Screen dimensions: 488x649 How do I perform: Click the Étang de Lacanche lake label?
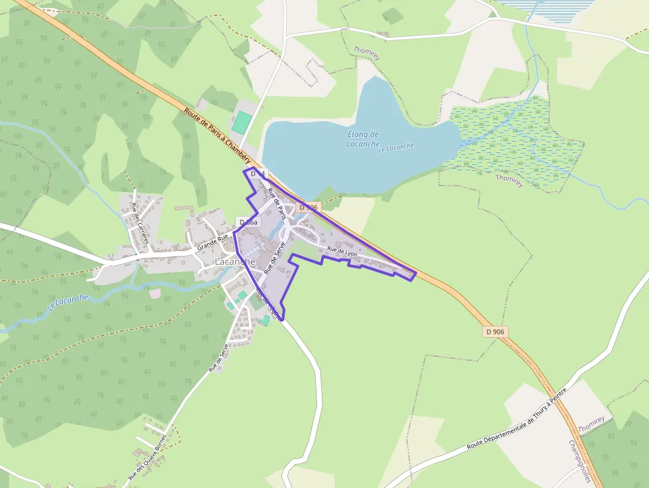(364, 139)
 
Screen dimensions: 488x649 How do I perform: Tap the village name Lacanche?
(234, 262)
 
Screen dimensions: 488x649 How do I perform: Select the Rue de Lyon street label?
(342, 252)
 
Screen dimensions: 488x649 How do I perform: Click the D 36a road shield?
(248, 222)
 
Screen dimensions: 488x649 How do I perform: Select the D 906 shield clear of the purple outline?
(495, 331)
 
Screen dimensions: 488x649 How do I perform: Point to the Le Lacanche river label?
(69, 303)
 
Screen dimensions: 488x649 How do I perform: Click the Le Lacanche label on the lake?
(396, 148)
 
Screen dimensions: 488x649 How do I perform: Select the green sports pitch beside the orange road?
(243, 122)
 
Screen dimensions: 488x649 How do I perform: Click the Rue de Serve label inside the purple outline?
(274, 258)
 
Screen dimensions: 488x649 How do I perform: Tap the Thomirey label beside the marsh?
(509, 180)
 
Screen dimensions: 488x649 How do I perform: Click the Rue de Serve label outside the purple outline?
(219, 358)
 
